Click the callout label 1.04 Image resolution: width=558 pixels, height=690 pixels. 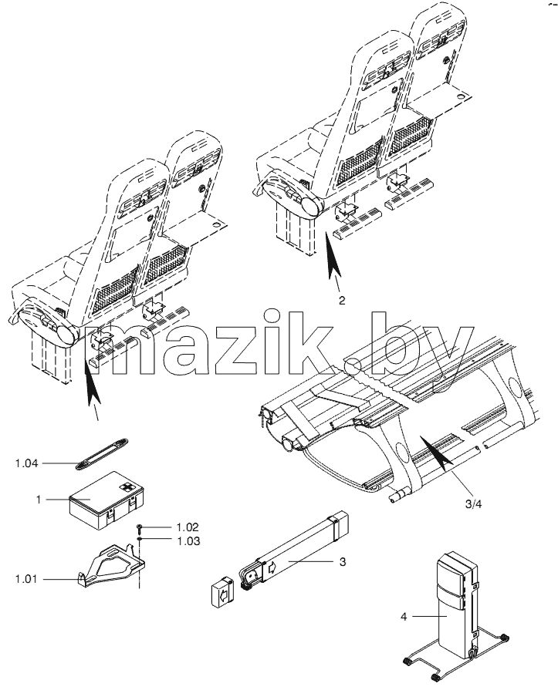26,463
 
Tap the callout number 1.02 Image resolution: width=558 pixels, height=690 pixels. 188,527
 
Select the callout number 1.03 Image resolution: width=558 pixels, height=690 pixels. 188,541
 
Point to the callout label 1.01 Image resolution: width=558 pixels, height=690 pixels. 26,579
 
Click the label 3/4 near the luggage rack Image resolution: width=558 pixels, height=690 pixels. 473,504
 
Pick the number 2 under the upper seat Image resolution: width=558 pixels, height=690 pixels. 342,301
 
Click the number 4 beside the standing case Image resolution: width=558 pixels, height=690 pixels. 404,617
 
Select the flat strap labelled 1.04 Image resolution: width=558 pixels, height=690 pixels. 102,453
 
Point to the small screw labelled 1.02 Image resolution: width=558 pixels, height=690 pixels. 139,527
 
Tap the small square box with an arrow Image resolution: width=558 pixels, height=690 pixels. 223,591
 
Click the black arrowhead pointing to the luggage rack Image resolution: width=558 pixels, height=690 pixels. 435,450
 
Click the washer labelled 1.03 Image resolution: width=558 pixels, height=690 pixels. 139,538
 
